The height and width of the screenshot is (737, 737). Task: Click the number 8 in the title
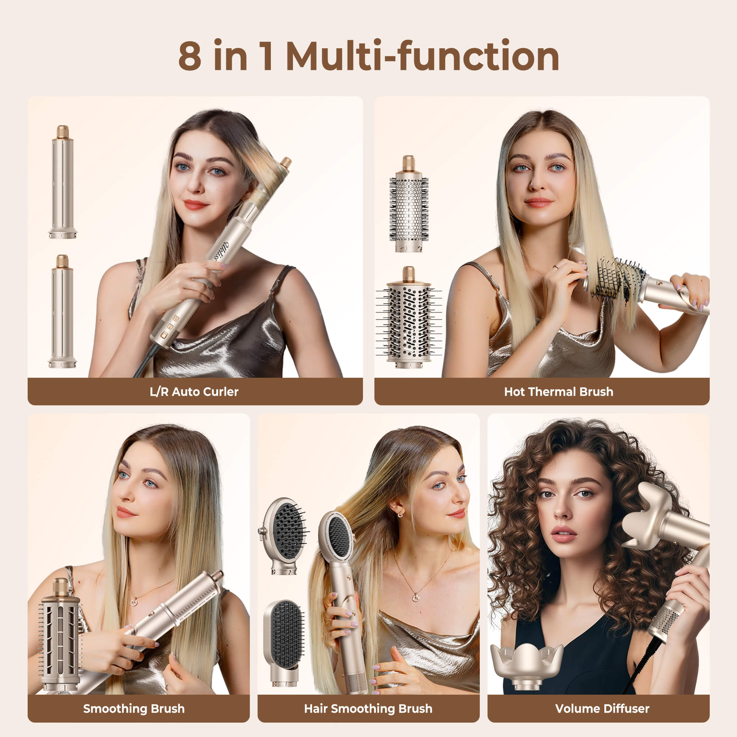[189, 55]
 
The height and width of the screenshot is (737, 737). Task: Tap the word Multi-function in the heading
[422, 55]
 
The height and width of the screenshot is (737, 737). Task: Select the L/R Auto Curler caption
[194, 392]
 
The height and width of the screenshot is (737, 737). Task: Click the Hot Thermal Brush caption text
[559, 392]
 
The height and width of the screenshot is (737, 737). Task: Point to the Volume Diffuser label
[602, 709]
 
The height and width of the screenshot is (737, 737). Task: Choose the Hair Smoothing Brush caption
[368, 709]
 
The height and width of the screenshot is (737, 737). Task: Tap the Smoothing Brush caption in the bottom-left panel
[134, 709]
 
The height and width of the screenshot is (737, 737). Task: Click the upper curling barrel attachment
[63, 182]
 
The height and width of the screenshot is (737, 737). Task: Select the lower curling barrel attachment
[63, 311]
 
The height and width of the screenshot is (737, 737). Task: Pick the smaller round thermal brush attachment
[409, 204]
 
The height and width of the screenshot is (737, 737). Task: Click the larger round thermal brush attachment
[409, 317]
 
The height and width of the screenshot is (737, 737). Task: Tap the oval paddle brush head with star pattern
[283, 535]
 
